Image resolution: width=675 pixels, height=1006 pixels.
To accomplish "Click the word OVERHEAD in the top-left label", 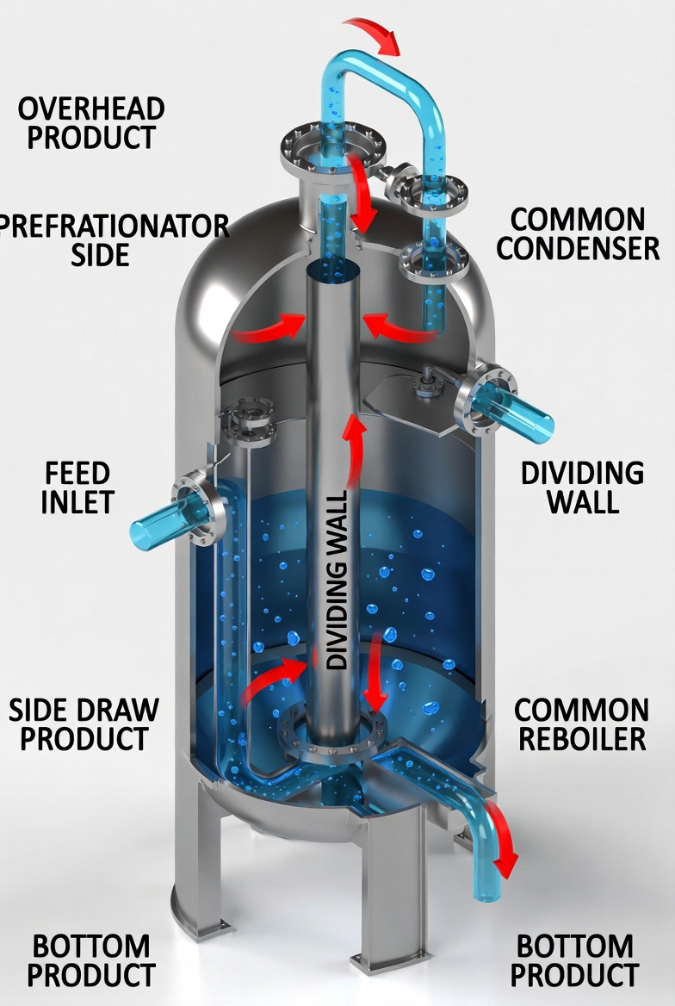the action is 91,109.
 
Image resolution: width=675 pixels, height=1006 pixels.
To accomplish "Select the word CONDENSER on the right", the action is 578,248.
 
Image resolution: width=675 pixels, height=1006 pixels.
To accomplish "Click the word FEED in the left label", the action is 77,474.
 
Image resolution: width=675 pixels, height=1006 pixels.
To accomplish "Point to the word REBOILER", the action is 582,739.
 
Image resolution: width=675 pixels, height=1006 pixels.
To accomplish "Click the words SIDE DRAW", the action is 84,711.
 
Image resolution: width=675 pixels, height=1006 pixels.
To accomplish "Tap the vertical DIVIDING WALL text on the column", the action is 337,580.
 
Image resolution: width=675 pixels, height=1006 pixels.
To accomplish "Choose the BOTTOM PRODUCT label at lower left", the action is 91,960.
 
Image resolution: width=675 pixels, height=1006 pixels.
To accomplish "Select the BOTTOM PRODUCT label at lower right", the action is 574,960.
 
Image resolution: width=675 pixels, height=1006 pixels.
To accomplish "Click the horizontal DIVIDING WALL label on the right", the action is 583,487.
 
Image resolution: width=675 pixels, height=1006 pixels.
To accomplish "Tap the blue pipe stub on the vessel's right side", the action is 513,412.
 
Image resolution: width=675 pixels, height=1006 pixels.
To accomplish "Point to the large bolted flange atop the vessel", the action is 332,149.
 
